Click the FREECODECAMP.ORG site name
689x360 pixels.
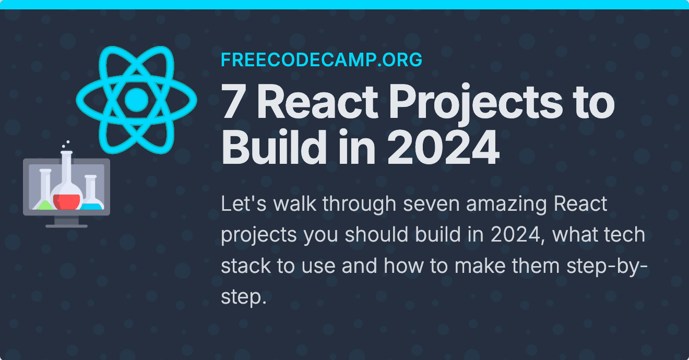tap(322, 59)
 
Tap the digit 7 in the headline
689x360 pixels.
tap(233, 101)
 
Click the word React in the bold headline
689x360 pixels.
tap(317, 101)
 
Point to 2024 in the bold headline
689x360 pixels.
tap(443, 147)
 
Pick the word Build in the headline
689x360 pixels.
tap(274, 147)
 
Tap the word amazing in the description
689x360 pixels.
tap(506, 205)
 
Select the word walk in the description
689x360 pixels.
tap(295, 203)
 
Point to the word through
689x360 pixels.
tap(359, 205)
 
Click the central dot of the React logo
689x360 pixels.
tap(137, 100)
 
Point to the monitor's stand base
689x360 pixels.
tap(66, 226)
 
